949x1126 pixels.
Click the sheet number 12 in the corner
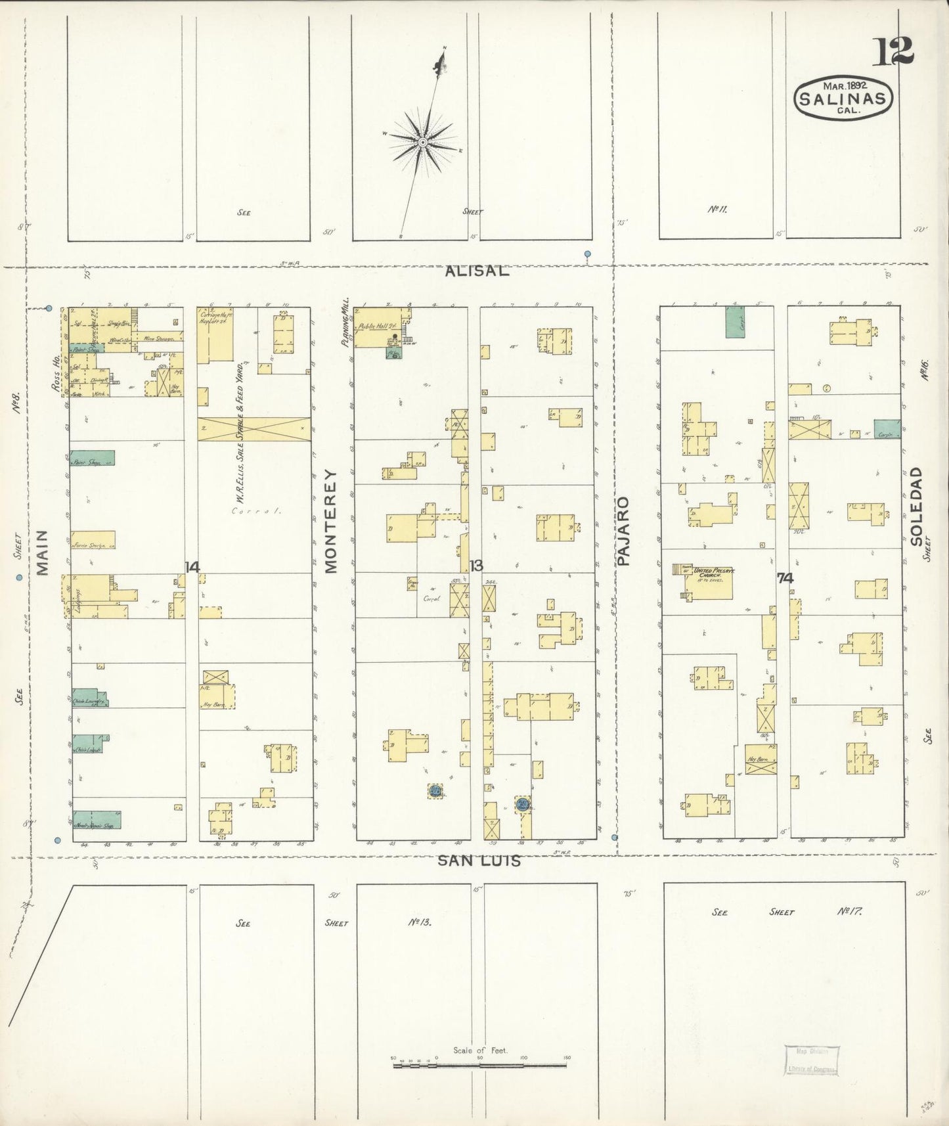click(x=893, y=51)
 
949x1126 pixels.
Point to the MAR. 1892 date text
click(x=845, y=85)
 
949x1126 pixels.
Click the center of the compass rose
click(x=423, y=142)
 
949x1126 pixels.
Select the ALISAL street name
click(x=476, y=271)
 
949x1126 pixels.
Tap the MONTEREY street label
click(x=330, y=520)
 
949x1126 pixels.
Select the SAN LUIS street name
click(x=479, y=860)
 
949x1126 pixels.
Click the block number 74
click(x=785, y=578)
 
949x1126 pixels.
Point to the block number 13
click(x=476, y=566)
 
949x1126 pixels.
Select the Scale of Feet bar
click(x=479, y=1065)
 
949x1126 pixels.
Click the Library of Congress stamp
click(x=811, y=1059)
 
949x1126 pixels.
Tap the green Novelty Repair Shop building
click(x=96, y=819)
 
